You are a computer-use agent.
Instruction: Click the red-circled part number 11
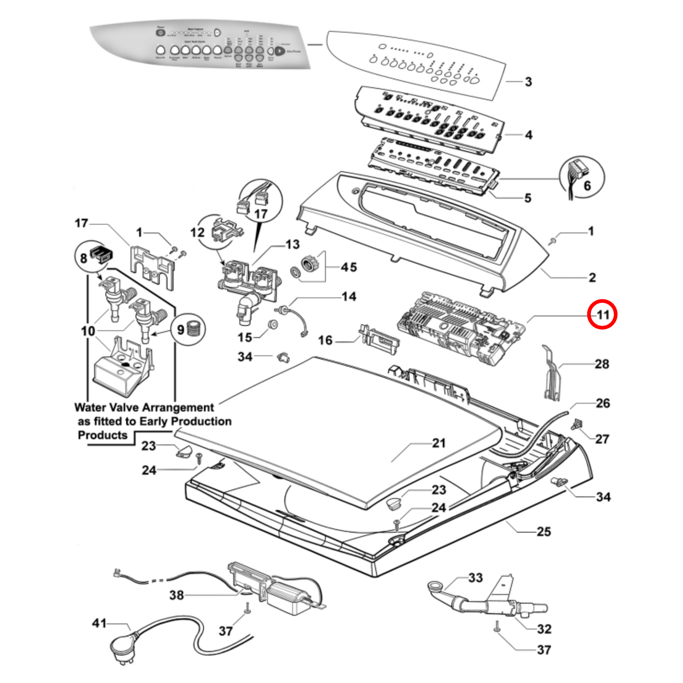pos(602,314)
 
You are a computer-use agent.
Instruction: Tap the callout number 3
pos(528,82)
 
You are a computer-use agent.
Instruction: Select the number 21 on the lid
pos(439,443)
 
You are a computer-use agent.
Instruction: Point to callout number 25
pos(544,532)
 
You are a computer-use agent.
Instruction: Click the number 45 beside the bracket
pos(349,267)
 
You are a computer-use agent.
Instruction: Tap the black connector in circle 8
pos(102,254)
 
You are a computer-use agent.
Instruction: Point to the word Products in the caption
pos(103,435)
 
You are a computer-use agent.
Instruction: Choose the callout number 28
pos(602,364)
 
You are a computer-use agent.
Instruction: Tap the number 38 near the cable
pos(176,595)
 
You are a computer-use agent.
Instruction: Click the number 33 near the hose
pos(476,578)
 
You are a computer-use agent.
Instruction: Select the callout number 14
pos(349,296)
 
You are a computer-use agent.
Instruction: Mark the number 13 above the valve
pos(293,244)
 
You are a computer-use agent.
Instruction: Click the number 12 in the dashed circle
pos(198,233)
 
